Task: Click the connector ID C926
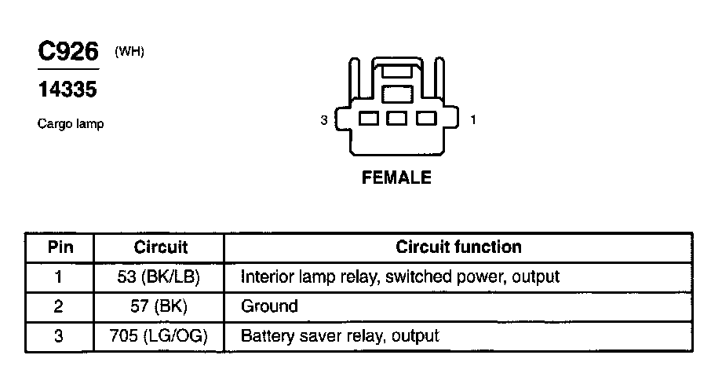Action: click(69, 53)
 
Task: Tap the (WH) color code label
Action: click(129, 52)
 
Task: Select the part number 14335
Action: click(67, 90)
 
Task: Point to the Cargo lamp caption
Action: click(71, 124)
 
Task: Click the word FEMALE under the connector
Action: click(396, 178)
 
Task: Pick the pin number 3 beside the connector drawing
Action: click(323, 120)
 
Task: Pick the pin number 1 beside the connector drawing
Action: click(472, 120)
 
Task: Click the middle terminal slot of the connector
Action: click(396, 119)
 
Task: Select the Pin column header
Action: click(60, 247)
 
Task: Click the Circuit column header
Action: click(160, 247)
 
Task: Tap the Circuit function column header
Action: click(458, 247)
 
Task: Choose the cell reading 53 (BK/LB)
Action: click(160, 276)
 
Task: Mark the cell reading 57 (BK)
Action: click(160, 306)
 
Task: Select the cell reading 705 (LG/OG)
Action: click(160, 336)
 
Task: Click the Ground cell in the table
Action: click(269, 306)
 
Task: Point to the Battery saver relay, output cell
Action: click(340, 336)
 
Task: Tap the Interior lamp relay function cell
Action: click(400, 276)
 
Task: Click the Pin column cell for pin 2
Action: click(58, 306)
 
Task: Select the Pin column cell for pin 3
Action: click(58, 336)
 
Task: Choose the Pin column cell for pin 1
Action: click(58, 276)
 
